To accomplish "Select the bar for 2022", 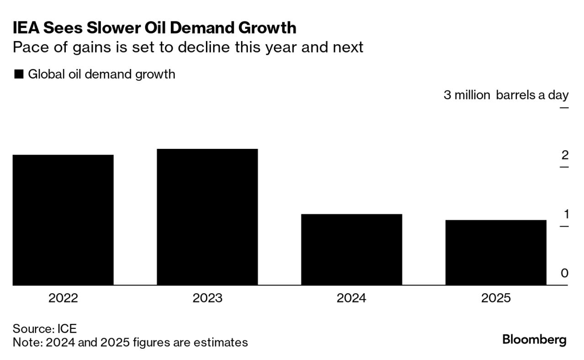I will [63, 220].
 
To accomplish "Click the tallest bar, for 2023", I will [207, 217].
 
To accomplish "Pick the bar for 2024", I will [351, 249].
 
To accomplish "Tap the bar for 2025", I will [495, 253].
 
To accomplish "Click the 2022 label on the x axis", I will [63, 298].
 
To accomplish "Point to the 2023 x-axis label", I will [207, 298].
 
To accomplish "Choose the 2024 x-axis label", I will [351, 298].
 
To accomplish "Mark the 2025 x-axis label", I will [495, 298].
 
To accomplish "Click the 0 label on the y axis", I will [564, 273].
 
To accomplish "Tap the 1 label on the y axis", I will [565, 214].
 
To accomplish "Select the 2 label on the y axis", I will [565, 155].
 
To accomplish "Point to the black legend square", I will [19, 74].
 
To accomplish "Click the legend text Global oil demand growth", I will [101, 74].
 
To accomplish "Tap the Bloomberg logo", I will [534, 340].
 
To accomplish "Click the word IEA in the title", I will [26, 28].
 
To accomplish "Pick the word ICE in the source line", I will [67, 328].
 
